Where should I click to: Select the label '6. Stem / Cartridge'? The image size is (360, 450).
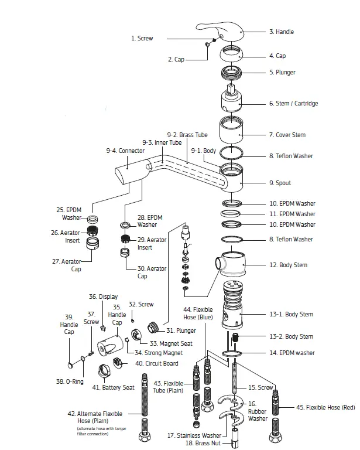(293, 104)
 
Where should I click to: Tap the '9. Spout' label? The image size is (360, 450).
(280, 183)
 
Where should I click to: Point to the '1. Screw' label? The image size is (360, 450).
(142, 38)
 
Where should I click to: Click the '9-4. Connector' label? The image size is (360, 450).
(125, 151)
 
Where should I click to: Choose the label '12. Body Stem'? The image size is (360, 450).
(288, 265)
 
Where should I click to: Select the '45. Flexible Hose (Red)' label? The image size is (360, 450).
(325, 407)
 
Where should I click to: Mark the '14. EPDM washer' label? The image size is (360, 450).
(292, 353)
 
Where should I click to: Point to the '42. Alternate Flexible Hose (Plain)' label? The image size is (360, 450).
(100, 418)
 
